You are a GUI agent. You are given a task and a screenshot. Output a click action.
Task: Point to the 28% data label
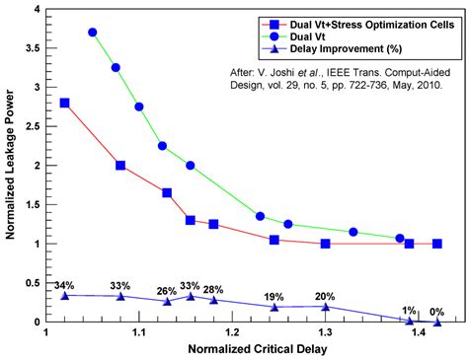coord(212,289)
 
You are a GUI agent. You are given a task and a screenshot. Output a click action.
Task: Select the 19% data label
coord(274,296)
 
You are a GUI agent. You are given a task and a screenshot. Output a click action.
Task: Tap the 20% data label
coord(325,296)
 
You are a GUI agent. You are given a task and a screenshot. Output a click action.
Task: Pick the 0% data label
coord(435,311)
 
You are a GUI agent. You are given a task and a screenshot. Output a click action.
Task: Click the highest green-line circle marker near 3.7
coord(93,33)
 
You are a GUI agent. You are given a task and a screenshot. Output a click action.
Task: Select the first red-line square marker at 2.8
coord(65,103)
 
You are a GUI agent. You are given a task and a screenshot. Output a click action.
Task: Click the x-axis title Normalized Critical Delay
coord(242,351)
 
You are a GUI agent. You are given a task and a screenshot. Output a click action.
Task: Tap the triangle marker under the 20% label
coord(325,307)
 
